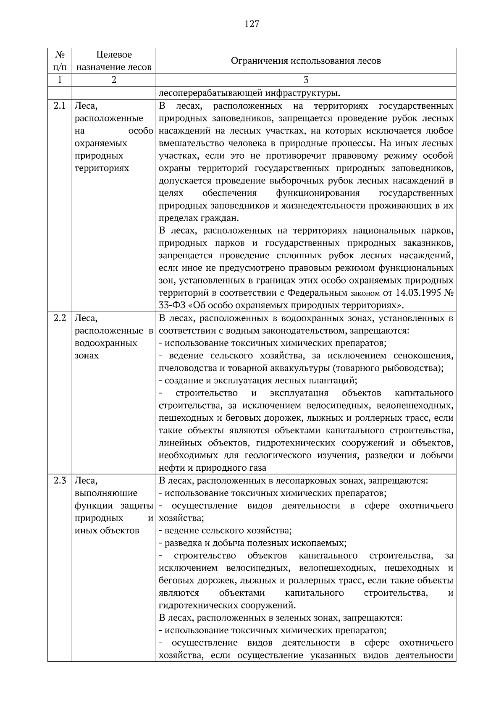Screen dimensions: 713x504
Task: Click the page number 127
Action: tap(252, 24)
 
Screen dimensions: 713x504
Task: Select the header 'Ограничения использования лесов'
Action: tap(306, 61)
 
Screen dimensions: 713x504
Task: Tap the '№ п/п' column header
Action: tap(60, 61)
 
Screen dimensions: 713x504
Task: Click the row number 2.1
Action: tap(60, 106)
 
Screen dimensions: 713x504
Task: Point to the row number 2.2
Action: tap(60, 318)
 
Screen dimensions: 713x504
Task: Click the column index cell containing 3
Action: tap(306, 80)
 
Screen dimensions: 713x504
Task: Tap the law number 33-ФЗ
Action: tap(172, 305)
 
